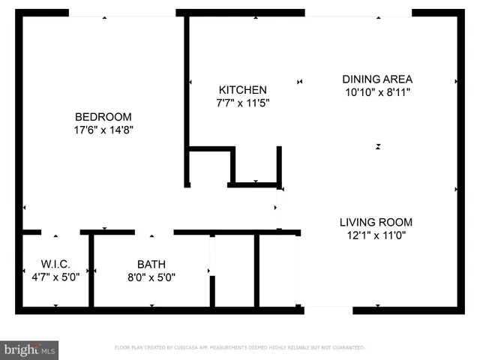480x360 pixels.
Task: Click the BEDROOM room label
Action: pos(103,117)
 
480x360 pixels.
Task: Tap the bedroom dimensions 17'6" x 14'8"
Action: pos(103,130)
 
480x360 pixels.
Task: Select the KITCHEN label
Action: pos(242,90)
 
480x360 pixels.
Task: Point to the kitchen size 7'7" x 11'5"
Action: pos(242,103)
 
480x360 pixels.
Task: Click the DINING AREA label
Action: pos(377,79)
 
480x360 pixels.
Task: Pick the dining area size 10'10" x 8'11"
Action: pos(377,91)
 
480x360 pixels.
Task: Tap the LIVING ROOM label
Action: pos(376,222)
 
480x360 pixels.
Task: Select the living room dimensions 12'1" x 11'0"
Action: pos(376,235)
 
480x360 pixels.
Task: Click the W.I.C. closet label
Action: pos(55,264)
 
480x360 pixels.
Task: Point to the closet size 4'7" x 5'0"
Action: pos(55,276)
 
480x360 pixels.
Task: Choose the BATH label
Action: pos(151,264)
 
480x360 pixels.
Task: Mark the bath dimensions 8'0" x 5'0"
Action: pos(151,276)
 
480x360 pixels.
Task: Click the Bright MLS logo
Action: pos(30,349)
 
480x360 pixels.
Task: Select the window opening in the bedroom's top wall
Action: pos(122,13)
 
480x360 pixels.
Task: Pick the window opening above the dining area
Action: pos(358,13)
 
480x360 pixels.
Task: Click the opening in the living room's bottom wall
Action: pos(328,310)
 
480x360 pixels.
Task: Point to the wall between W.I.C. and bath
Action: pos(91,270)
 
